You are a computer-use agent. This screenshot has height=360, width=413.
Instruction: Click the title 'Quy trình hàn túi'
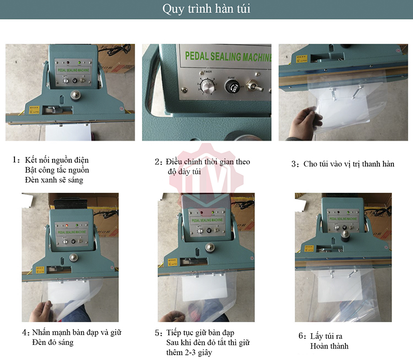click(x=206, y=9)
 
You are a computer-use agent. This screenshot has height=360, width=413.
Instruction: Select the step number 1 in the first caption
click(x=15, y=160)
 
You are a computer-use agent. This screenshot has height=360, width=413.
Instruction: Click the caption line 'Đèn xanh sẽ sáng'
click(x=54, y=180)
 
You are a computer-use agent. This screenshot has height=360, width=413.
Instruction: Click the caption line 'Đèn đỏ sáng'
click(x=52, y=342)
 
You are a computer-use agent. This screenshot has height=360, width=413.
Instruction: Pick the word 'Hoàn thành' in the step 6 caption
click(x=329, y=346)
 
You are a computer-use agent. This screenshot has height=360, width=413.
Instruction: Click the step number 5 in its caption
click(x=158, y=333)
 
